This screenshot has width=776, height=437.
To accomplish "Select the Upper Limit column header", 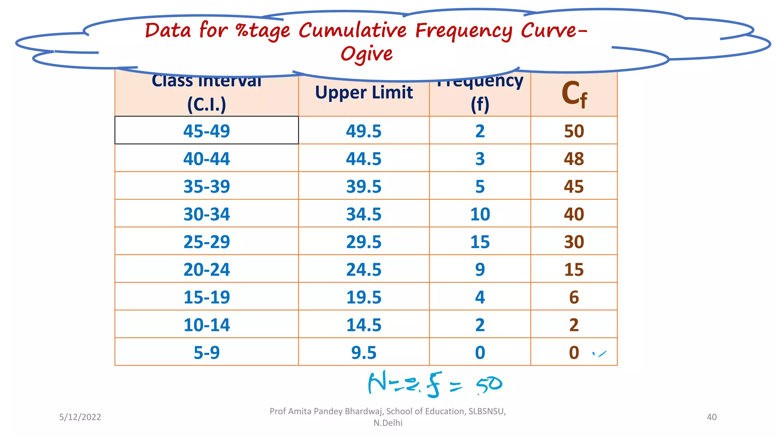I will [x=364, y=93].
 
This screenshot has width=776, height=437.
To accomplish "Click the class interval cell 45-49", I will [x=207, y=131].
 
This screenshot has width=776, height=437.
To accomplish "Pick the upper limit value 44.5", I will [x=363, y=159].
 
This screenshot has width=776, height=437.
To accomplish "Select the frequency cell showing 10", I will [x=480, y=214].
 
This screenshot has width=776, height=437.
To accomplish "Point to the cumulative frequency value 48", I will [x=574, y=159].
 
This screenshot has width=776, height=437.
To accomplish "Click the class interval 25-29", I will [x=207, y=242].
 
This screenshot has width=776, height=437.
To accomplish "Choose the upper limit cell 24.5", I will [x=363, y=269].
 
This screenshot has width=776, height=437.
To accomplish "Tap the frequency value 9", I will [x=480, y=269].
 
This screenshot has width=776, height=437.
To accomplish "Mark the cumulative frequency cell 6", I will [x=574, y=297].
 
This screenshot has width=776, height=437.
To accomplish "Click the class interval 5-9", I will [x=207, y=352].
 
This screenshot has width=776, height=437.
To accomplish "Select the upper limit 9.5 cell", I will [x=363, y=352].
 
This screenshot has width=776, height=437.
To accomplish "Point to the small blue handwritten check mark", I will [x=600, y=354].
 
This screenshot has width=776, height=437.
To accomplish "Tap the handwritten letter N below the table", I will [x=377, y=383].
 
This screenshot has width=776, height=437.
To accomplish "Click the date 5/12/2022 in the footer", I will [x=80, y=417].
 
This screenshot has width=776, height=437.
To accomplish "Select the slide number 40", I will [x=712, y=417].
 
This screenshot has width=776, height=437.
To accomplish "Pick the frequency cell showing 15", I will [x=480, y=242].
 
